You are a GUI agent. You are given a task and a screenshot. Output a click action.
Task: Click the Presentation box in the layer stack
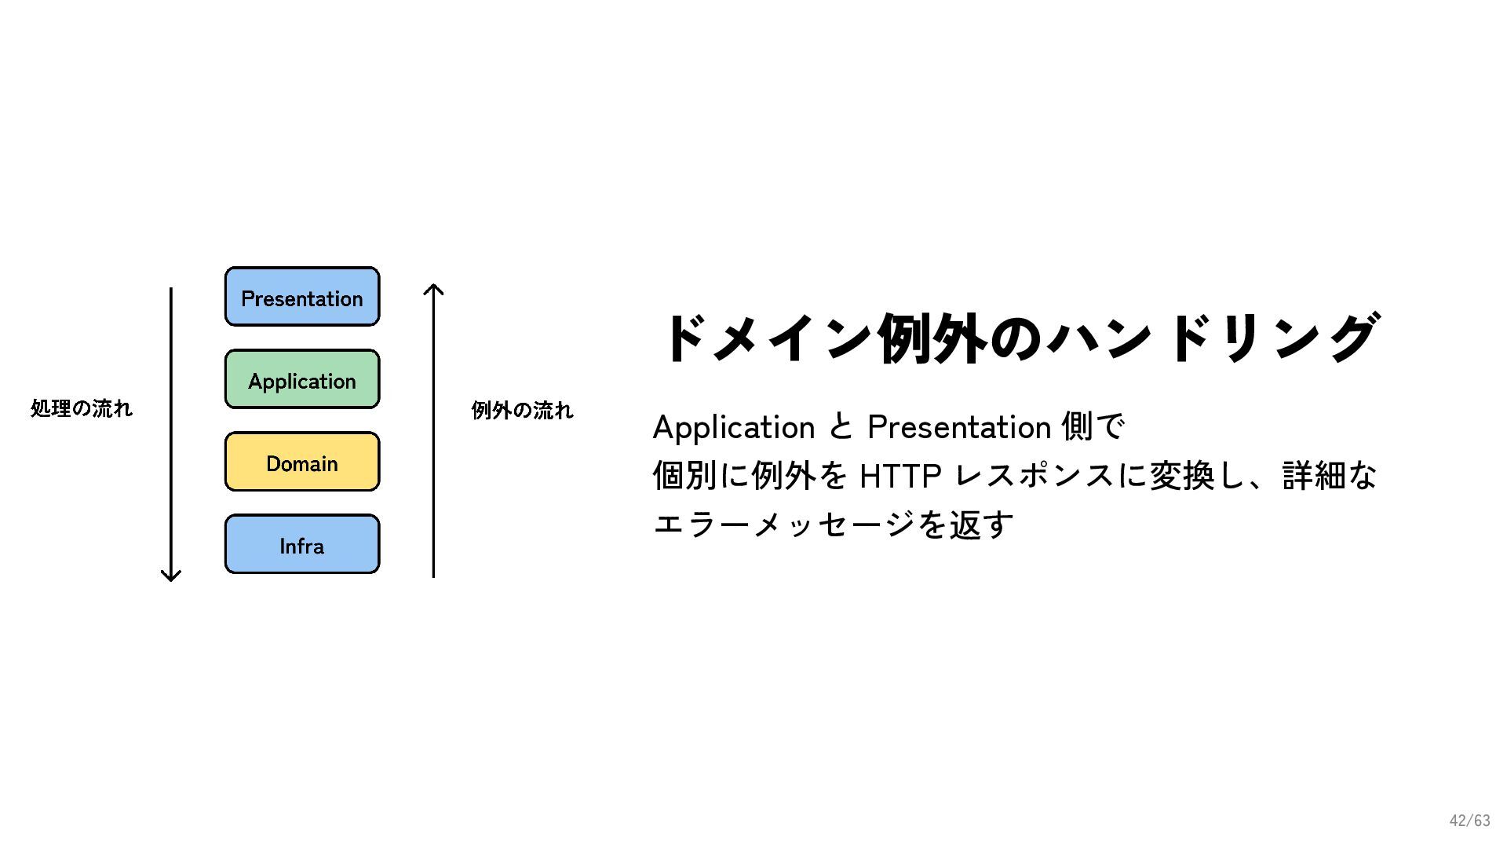[302, 297]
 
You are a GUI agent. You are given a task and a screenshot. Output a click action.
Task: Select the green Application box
[302, 380]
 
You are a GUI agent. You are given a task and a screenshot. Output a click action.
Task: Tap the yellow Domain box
[302, 462]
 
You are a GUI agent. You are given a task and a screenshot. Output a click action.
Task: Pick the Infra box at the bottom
[302, 545]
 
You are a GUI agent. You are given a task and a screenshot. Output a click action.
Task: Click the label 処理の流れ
[82, 408]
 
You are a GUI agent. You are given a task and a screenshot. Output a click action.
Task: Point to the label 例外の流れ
[522, 410]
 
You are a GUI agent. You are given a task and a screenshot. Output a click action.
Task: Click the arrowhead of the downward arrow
[171, 576]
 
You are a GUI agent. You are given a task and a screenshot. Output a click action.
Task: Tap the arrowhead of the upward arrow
[433, 290]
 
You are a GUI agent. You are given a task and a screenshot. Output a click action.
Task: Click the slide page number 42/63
[1469, 821]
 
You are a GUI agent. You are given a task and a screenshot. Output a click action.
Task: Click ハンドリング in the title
[1213, 338]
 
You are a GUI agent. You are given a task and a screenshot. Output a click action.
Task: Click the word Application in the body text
[734, 427]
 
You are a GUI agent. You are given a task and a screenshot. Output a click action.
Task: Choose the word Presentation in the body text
[959, 427]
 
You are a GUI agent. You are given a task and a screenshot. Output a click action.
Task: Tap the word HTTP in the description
[900, 476]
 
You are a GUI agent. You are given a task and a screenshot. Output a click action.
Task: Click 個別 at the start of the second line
[685, 476]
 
